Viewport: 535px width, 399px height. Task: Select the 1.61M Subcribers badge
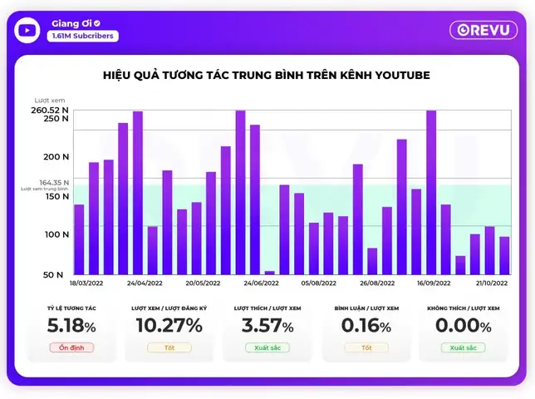(x=82, y=37)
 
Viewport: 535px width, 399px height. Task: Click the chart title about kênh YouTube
(x=267, y=76)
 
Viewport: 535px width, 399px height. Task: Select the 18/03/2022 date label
(x=86, y=283)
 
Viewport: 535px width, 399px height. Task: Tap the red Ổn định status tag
(x=71, y=347)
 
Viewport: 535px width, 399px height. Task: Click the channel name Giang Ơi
(x=70, y=23)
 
